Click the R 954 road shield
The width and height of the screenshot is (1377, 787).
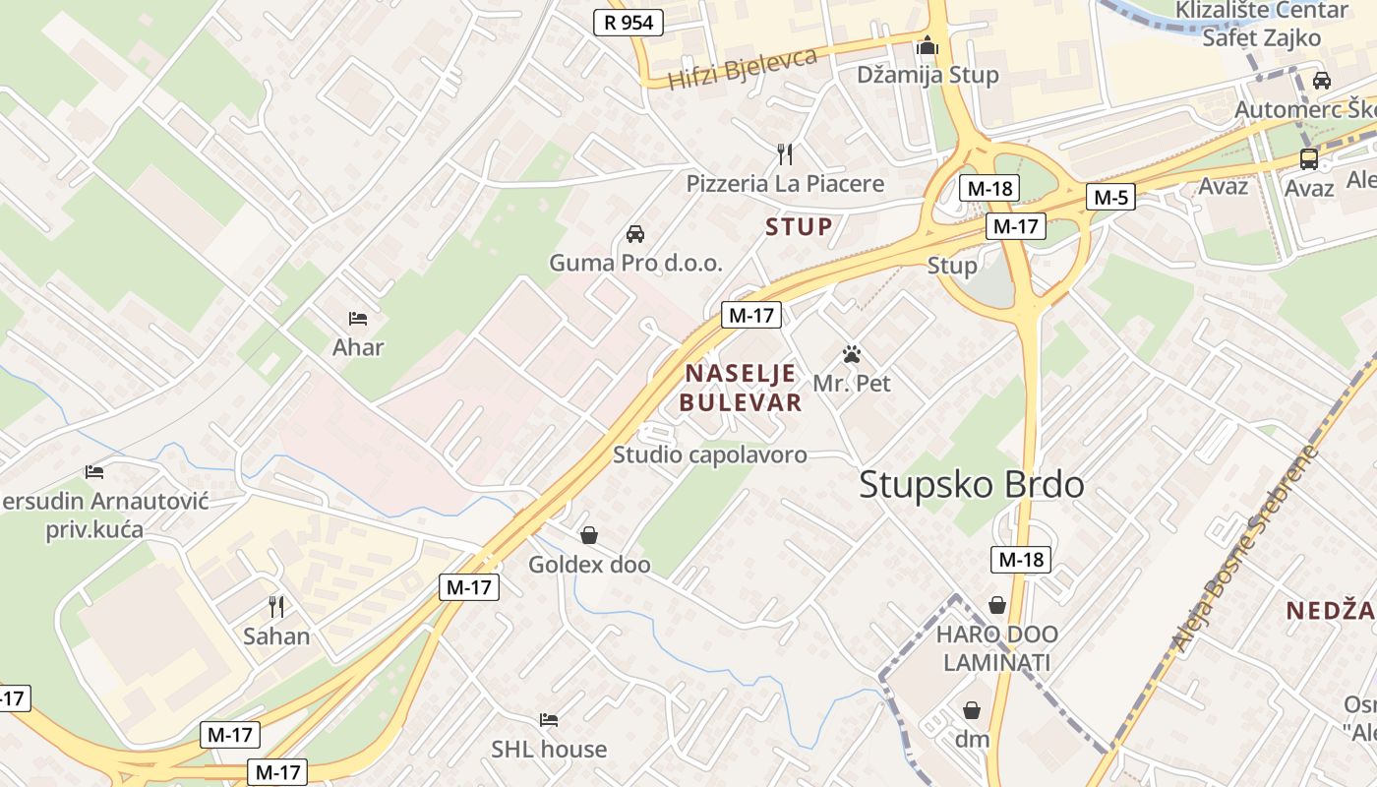[x=629, y=23]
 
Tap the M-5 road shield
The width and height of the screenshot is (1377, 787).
[x=1110, y=198]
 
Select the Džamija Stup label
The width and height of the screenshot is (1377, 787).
[x=927, y=75]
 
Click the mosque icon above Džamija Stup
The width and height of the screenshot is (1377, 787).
[x=927, y=46]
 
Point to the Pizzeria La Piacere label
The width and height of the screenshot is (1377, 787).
[x=785, y=184]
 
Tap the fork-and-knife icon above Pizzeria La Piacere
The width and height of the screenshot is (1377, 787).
[x=785, y=154]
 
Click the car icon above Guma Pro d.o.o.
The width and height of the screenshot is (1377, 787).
[x=635, y=234]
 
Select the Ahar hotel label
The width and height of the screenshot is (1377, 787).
[x=358, y=347]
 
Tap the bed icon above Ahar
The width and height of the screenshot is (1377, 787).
[x=358, y=319]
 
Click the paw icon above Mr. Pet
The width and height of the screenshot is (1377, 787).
[x=852, y=354]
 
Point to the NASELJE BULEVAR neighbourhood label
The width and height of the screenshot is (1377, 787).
[x=743, y=388]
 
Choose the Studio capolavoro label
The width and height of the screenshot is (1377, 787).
[x=709, y=454]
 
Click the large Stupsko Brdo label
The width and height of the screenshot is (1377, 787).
[x=972, y=485]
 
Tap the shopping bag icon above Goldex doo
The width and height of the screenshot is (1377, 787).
[x=589, y=535]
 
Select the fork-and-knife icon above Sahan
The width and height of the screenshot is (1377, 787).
[x=276, y=606]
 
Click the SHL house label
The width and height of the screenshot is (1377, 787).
[x=549, y=750]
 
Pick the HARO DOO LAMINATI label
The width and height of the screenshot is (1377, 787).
[x=996, y=648]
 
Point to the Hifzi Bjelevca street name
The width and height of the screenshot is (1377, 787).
[x=743, y=68]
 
